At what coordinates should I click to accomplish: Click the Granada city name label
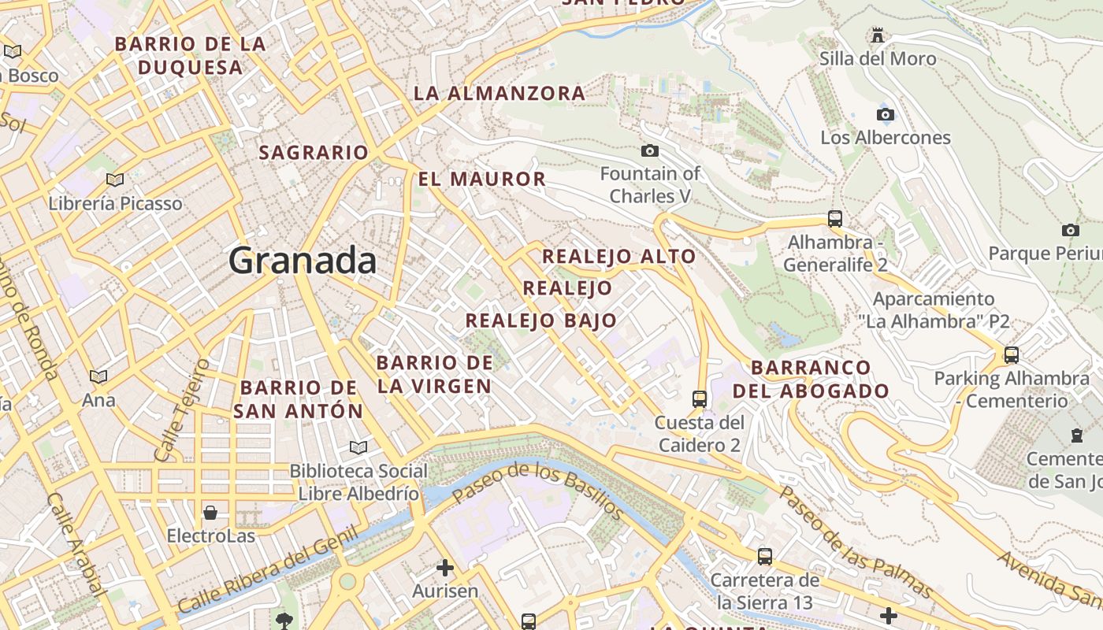(x=303, y=261)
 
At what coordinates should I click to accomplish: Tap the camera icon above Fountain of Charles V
(x=650, y=150)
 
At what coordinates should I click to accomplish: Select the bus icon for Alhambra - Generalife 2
(x=835, y=218)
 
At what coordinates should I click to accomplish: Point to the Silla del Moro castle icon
(x=878, y=35)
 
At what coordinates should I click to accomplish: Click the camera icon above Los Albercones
(x=886, y=114)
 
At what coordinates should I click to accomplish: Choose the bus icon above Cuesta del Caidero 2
(x=699, y=398)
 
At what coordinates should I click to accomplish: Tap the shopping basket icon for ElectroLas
(x=210, y=513)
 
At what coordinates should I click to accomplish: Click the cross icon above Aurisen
(x=445, y=567)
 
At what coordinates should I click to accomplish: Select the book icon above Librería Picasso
(x=115, y=180)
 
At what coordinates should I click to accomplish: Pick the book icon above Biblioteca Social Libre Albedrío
(x=358, y=447)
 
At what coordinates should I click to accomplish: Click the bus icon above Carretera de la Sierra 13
(x=764, y=557)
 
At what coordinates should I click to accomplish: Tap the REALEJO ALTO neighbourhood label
(x=619, y=256)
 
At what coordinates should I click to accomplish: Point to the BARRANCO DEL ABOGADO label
(x=811, y=379)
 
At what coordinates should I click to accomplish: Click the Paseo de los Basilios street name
(x=539, y=491)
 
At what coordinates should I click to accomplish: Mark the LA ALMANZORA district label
(x=500, y=93)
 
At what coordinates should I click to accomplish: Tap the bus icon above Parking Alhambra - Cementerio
(x=1012, y=354)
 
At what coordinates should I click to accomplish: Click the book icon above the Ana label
(x=98, y=376)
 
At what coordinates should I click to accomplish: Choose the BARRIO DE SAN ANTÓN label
(x=299, y=399)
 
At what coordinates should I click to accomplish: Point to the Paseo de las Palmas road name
(x=856, y=542)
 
